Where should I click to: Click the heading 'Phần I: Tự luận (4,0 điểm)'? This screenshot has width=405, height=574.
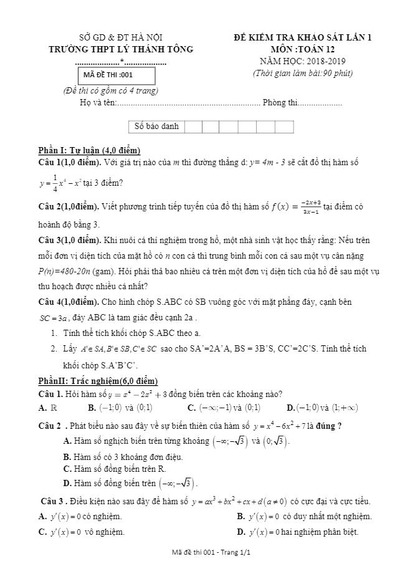point(89,150)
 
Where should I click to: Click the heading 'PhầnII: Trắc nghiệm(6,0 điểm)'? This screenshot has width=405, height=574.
point(98,381)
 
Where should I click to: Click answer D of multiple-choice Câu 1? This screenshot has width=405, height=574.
point(322,408)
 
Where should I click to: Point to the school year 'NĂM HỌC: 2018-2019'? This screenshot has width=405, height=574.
point(302,61)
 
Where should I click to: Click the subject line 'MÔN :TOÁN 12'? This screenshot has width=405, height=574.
point(302,49)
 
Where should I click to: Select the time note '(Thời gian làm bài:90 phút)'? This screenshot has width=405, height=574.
point(302,73)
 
